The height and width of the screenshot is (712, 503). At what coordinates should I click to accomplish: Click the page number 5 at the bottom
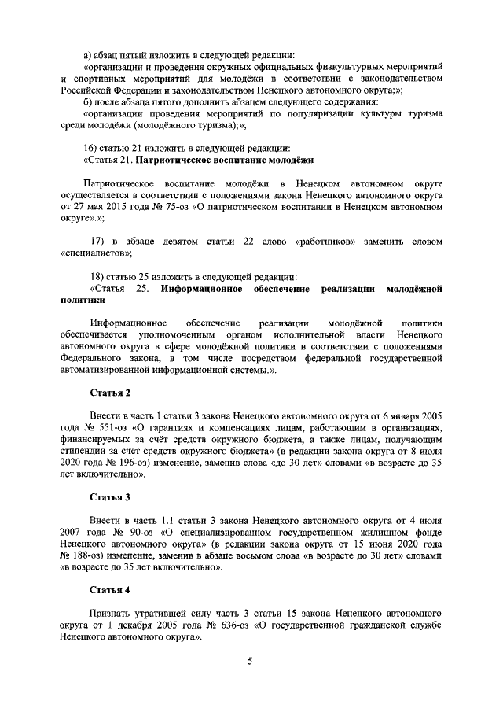click(250, 662)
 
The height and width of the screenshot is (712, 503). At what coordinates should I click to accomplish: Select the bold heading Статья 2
click(110, 392)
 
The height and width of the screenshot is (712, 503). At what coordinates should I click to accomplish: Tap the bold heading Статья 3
click(110, 497)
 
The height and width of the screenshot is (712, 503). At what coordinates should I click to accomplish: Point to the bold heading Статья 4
click(110, 589)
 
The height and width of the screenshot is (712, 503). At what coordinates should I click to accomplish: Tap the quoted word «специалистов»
click(96, 253)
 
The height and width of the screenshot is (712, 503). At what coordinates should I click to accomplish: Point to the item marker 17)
click(99, 241)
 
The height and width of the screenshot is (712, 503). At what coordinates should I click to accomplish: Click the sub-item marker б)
click(87, 101)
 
